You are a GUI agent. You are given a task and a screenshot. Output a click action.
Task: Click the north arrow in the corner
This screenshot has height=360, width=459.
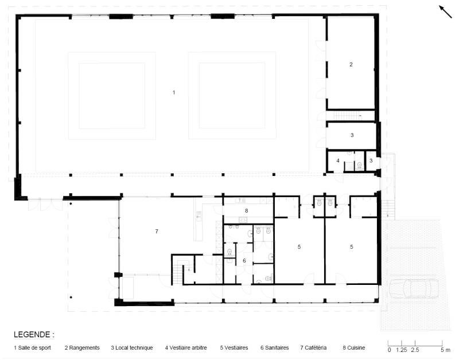tap(445, 11)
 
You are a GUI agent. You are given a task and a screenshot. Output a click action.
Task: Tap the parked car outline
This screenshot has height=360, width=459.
tap(414, 288)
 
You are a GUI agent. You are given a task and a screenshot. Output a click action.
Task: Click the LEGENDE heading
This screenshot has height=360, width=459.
tap(34, 335)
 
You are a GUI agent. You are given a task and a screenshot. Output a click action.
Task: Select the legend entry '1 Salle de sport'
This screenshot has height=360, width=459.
tap(32, 348)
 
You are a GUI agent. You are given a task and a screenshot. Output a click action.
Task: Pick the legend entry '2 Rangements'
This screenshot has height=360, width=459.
tap(82, 348)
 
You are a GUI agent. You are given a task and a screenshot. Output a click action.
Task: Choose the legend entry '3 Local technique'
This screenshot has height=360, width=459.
tap(132, 348)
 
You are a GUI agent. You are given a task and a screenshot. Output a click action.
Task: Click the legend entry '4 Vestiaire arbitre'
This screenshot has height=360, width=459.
tap(186, 348)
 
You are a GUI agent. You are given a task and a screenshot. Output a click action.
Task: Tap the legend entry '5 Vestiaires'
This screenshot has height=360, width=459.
tap(234, 348)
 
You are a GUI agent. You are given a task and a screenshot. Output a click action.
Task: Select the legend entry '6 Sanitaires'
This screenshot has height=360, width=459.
tap(275, 348)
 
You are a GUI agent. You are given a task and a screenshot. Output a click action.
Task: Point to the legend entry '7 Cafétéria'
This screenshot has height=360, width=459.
tap(313, 348)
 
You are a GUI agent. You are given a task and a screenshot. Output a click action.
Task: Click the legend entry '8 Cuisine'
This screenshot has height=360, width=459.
tap(354, 348)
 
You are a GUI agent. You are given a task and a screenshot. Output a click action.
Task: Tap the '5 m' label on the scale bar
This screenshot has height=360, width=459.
tap(446, 350)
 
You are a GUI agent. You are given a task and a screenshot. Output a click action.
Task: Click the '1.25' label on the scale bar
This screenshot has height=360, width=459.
tap(402, 350)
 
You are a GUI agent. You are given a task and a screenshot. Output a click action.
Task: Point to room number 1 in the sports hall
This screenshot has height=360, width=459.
tap(174, 92)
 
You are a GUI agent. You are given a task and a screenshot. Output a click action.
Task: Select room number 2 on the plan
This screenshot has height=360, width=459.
tap(351, 65)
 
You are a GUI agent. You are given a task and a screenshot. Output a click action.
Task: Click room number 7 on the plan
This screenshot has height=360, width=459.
tap(157, 232)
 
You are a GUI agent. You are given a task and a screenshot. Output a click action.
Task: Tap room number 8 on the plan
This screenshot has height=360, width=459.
tap(247, 210)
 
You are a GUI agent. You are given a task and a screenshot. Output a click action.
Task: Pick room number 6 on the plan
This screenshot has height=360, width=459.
tap(244, 261)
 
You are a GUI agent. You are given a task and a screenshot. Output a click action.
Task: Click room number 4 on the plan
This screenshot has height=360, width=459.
tap(338, 161)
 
